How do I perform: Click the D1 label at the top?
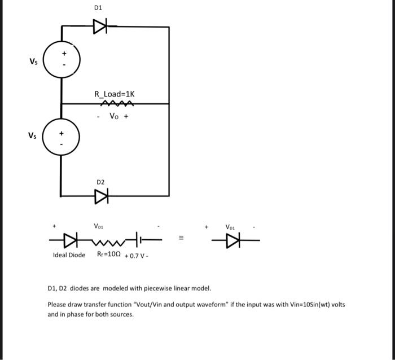pos(98,8)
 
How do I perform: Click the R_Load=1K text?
pos(115,94)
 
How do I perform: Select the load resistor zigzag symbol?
pos(116,103)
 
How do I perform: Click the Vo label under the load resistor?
pos(113,117)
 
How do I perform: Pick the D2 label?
pos(100,182)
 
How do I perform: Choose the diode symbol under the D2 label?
pos(102,196)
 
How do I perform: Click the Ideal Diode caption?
pos(69,255)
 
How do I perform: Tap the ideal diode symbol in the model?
pos(71,240)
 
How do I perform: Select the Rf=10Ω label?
pos(104,255)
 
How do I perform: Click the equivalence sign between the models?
pos(181,238)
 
